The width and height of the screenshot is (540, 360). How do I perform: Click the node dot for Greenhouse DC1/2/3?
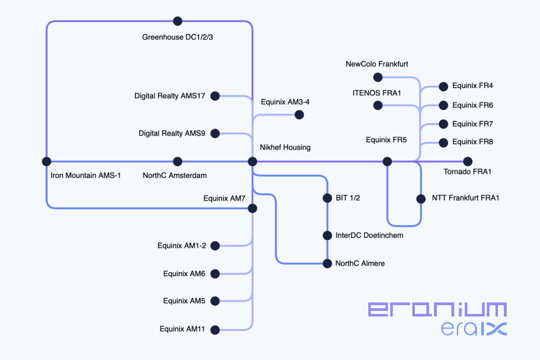178,21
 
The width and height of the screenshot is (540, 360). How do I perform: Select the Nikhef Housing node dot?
252,161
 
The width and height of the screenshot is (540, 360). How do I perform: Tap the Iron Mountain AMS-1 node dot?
46,161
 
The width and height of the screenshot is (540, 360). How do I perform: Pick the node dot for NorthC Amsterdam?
178,161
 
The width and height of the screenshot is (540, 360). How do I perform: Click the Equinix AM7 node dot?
252,208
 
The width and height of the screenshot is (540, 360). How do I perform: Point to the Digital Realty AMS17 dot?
215,96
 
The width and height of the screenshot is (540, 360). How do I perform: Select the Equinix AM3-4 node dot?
299,115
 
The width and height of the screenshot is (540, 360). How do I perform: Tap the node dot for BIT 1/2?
327,198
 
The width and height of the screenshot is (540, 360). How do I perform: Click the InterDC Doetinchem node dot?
327,235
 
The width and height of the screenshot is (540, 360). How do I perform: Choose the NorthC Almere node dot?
327,264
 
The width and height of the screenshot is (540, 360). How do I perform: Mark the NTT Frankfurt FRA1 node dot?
421,199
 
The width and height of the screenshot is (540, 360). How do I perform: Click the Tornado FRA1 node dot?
468,161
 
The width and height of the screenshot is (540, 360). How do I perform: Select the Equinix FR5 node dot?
387,161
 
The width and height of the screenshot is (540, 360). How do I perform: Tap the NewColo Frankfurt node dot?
378,77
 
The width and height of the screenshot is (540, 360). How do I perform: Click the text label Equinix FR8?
472,142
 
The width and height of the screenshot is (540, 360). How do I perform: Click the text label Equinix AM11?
182,329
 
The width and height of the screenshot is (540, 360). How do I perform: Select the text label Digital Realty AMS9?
172,133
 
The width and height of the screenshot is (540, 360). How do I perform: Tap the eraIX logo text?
473,329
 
